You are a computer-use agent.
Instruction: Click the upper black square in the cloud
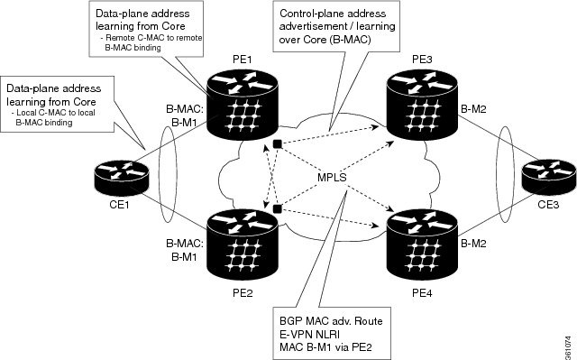pos(279,145)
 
